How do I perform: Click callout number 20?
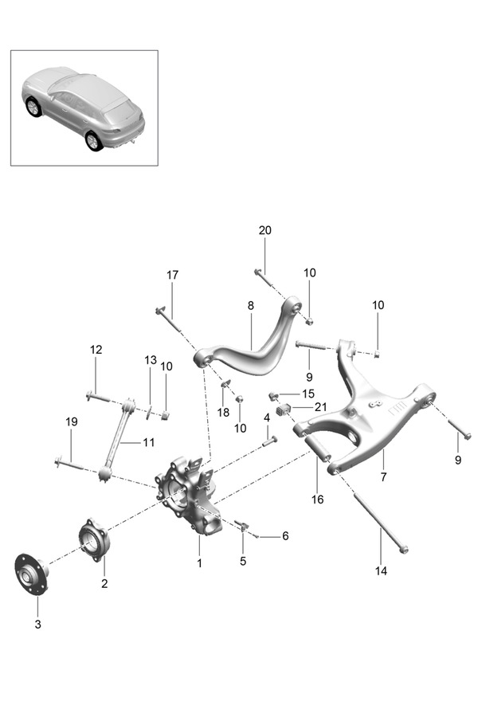(265, 230)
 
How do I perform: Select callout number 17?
(173, 275)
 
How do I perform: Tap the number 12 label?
(96, 349)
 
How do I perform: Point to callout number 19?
(72, 422)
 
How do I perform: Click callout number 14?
(381, 570)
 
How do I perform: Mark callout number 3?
(37, 624)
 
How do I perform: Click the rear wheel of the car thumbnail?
(94, 141)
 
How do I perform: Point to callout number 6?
(284, 535)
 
